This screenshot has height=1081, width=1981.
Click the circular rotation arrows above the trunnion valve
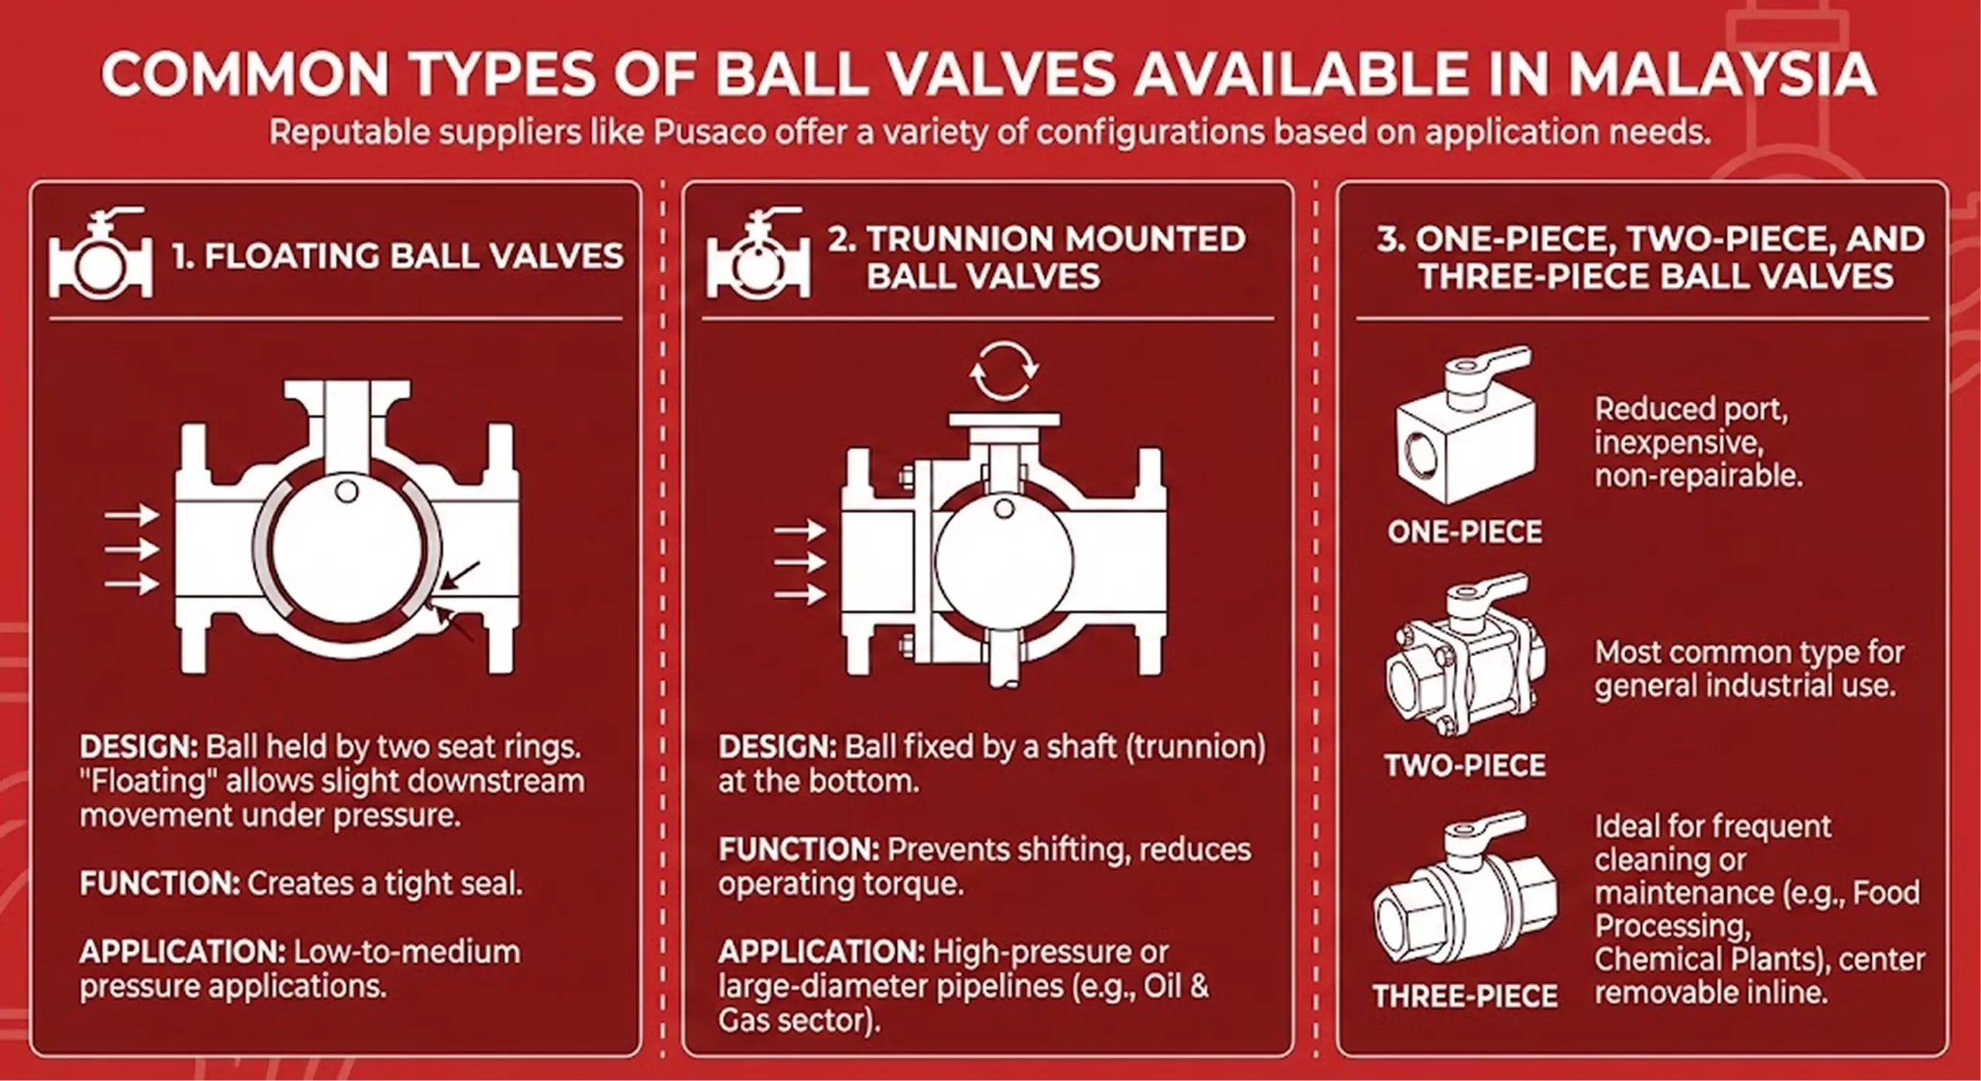tap(1004, 371)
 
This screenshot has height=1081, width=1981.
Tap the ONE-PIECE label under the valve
tap(1464, 532)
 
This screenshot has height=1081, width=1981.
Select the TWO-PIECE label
tap(1465, 765)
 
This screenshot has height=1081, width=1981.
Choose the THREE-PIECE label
tap(1465, 996)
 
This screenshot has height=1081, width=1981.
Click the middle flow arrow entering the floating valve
tap(132, 549)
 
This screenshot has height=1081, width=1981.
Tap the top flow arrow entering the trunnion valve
tap(799, 530)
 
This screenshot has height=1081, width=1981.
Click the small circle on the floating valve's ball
tap(347, 491)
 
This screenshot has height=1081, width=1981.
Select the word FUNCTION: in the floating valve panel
tap(159, 884)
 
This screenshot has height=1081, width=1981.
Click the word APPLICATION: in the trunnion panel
tap(821, 952)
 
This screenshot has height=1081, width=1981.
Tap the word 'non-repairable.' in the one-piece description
tap(1698, 476)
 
